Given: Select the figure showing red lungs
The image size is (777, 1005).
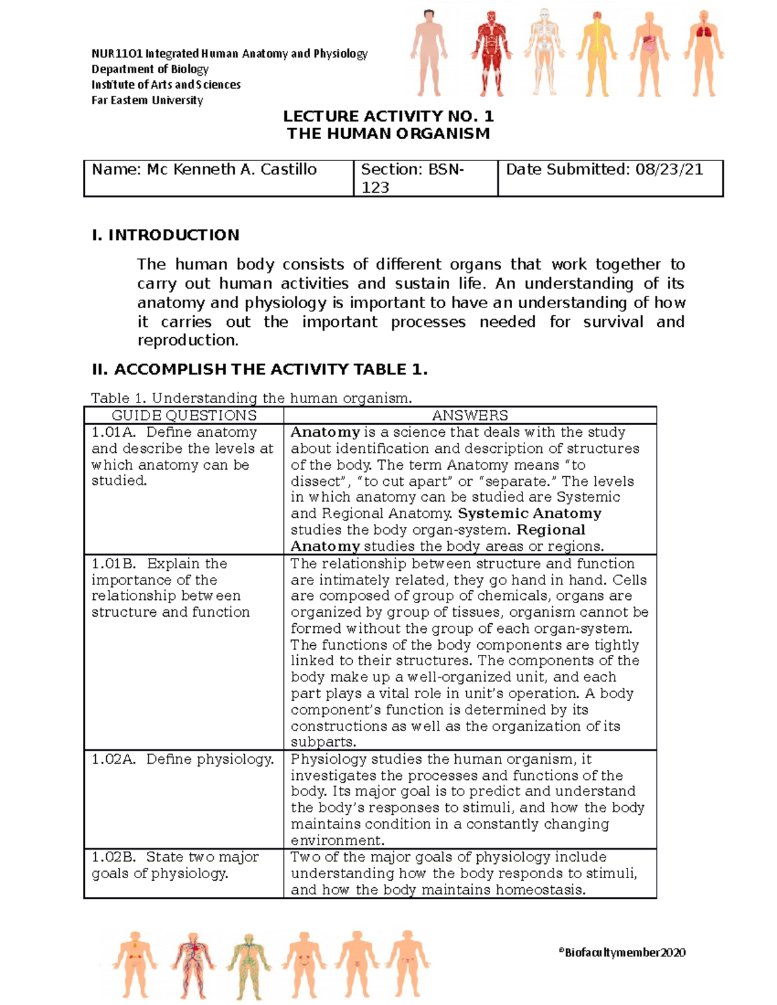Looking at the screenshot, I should click(703, 53).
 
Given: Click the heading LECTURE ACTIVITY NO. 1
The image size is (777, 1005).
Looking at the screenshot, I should click(388, 116).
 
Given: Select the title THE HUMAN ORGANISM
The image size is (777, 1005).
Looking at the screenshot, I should click(388, 134).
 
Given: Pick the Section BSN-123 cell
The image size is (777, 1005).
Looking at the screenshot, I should click(412, 178).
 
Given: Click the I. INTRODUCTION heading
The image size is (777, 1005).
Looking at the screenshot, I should click(166, 235).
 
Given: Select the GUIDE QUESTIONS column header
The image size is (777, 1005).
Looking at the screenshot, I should click(184, 415).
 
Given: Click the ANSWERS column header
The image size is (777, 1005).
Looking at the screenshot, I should click(470, 415).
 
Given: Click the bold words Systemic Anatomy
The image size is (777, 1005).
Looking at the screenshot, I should click(530, 514).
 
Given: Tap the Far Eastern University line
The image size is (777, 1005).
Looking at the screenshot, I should click(148, 100).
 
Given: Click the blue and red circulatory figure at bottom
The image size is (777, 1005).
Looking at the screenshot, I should click(192, 964).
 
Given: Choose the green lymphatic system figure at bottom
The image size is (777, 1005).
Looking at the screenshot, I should click(247, 964).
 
